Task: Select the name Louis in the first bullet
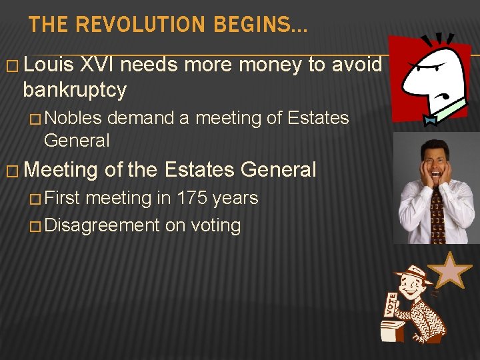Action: pyautogui.click(x=52, y=65)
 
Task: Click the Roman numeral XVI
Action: pyautogui.click(x=99, y=65)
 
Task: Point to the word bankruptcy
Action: pyautogui.click(x=75, y=89)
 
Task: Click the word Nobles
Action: pyautogui.click(x=73, y=119)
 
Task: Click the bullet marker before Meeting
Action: pyautogui.click(x=11, y=171)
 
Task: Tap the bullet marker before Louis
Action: pyautogui.click(x=11, y=66)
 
